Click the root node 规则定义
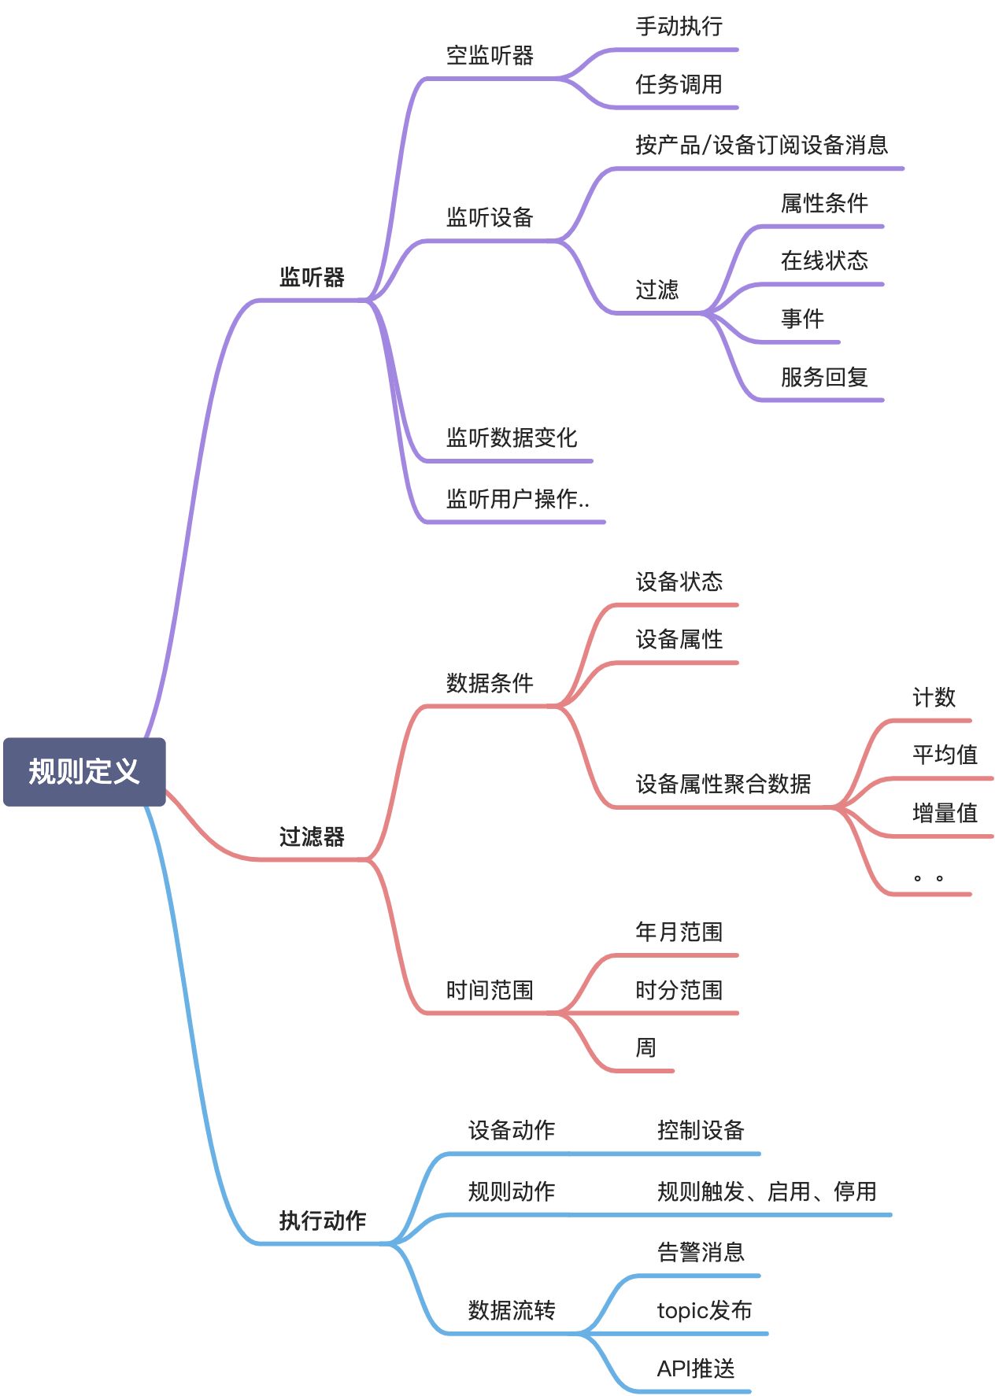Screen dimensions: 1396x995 [x=84, y=771]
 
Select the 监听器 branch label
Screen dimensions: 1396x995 [x=312, y=277]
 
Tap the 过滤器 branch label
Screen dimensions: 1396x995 [x=312, y=836]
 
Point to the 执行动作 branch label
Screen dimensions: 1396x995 [x=323, y=1221]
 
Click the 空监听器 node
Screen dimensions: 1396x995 [x=490, y=55]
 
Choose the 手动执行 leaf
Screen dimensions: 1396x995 [x=679, y=27]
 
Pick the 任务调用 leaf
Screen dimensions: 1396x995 [x=679, y=84]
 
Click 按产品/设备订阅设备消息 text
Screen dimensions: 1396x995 [x=761, y=145]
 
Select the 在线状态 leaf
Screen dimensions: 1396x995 [x=824, y=260]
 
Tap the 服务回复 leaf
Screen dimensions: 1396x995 [x=824, y=377]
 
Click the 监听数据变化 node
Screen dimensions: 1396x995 [x=512, y=438]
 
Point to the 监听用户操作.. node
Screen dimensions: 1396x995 [x=517, y=499]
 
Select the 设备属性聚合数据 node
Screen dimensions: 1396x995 [x=723, y=784]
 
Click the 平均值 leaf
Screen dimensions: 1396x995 [x=945, y=755]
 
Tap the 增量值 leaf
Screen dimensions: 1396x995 [x=945, y=813]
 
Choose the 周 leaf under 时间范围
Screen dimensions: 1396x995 [x=645, y=1047]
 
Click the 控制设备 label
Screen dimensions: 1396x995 [x=701, y=1130]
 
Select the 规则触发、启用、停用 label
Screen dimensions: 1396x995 [x=767, y=1191]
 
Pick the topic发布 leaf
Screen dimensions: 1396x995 [x=704, y=1310]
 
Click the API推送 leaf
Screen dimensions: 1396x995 [x=696, y=1368]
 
